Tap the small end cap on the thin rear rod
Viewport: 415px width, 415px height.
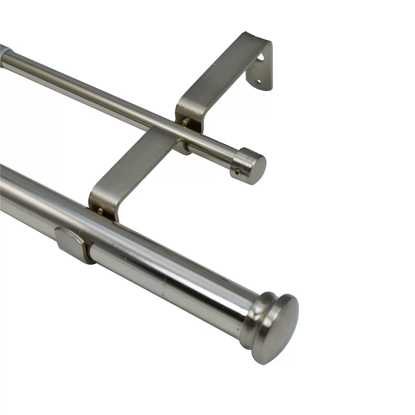click(249, 166)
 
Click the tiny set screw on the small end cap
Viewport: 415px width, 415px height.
click(237, 172)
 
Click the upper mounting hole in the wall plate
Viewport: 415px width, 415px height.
click(260, 61)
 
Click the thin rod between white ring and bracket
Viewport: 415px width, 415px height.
click(91, 91)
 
